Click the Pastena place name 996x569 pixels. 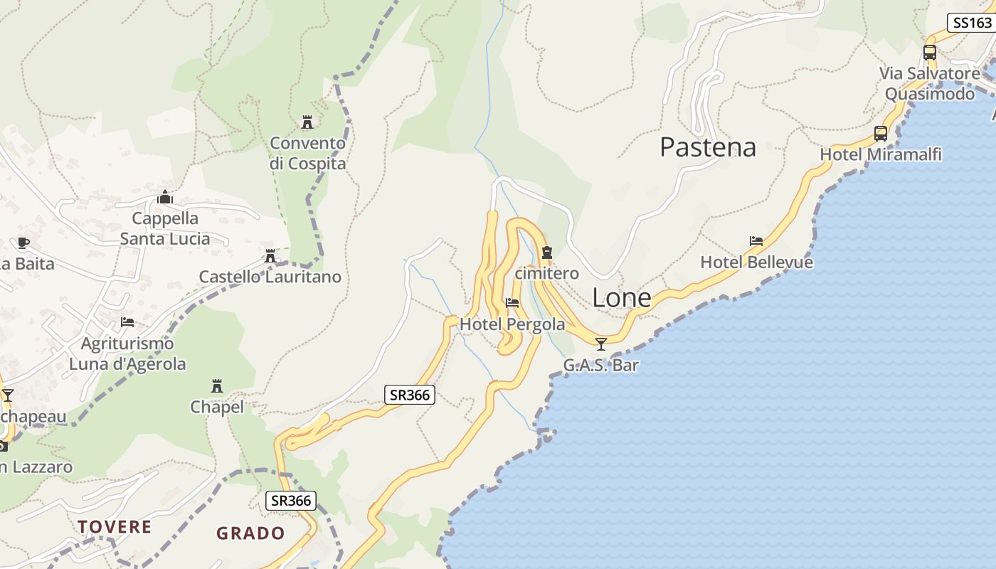pyautogui.click(x=707, y=147)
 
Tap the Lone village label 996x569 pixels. pyautogui.click(x=621, y=298)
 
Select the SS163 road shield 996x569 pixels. pyautogui.click(x=972, y=23)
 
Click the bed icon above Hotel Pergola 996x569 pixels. pyautogui.click(x=512, y=303)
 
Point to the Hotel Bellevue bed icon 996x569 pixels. pyautogui.click(x=756, y=242)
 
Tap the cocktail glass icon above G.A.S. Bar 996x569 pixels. pyautogui.click(x=601, y=344)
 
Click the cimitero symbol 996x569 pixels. pyautogui.click(x=546, y=252)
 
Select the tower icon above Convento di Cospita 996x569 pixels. pyautogui.click(x=307, y=122)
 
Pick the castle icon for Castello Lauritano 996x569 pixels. pyautogui.click(x=270, y=256)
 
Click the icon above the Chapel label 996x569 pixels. pyautogui.click(x=217, y=386)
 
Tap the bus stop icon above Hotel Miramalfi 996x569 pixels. pyautogui.click(x=881, y=134)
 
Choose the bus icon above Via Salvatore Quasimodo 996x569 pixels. pyautogui.click(x=930, y=53)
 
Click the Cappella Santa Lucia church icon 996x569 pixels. pyautogui.click(x=165, y=197)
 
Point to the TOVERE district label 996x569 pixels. pyautogui.click(x=115, y=527)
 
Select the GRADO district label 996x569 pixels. pyautogui.click(x=250, y=533)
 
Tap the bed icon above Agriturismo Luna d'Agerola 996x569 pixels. pyautogui.click(x=127, y=322)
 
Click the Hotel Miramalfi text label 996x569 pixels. pyautogui.click(x=881, y=154)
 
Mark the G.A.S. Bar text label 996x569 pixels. pyautogui.click(x=601, y=366)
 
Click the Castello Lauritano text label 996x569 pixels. pyautogui.click(x=270, y=277)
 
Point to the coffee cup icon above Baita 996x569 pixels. pyautogui.click(x=23, y=243)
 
